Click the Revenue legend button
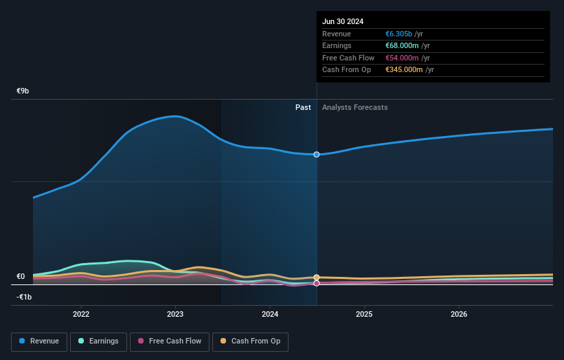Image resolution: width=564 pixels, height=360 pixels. [39, 341]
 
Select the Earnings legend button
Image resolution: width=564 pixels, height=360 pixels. [98, 341]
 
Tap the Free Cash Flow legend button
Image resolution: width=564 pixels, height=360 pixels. [168, 341]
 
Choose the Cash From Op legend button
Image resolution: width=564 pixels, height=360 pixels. [251, 341]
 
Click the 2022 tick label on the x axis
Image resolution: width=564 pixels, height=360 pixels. [81, 314]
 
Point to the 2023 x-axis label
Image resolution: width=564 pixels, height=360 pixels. [175, 314]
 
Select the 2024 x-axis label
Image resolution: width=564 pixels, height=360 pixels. [270, 314]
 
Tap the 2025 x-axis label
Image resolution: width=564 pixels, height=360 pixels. [364, 314]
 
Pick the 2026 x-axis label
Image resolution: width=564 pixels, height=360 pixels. [459, 314]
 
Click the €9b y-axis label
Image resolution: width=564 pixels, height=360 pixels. [23, 91]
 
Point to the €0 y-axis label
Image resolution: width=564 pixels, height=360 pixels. [21, 277]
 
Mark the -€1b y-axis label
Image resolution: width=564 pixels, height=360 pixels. [24, 297]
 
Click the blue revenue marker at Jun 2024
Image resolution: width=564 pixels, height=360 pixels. [317, 155]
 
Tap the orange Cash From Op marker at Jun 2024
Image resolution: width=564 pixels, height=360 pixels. [317, 278]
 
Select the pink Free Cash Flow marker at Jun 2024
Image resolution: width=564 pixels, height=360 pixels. [317, 283]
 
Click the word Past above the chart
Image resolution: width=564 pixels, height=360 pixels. [303, 107]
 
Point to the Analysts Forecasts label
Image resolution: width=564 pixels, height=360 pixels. [354, 107]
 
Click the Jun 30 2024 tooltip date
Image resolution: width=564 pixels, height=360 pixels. [343, 21]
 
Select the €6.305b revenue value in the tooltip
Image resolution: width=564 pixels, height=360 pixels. [398, 34]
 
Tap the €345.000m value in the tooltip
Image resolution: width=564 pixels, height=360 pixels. [404, 70]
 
